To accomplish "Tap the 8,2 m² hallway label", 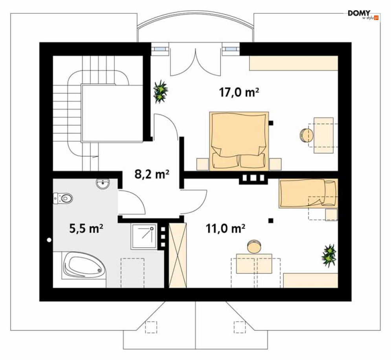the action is pyautogui.click(x=152, y=174).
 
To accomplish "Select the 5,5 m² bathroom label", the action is pyautogui.click(x=86, y=228).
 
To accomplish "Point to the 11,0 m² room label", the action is pyautogui.click(x=226, y=228).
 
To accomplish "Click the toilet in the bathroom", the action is pyautogui.click(x=62, y=198).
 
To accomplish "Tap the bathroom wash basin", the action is pyautogui.click(x=103, y=184).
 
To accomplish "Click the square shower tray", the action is pyautogui.click(x=144, y=236).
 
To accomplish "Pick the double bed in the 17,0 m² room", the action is pyautogui.click(x=239, y=141).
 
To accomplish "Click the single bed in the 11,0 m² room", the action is pyautogui.click(x=308, y=193).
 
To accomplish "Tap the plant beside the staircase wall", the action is pyautogui.click(x=160, y=92).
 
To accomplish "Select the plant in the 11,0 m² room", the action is pyautogui.click(x=329, y=255).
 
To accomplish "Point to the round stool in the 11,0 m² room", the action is pyautogui.click(x=254, y=247).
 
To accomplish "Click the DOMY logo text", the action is pyautogui.click(x=359, y=13).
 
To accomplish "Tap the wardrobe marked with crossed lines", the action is pyautogui.click(x=178, y=255).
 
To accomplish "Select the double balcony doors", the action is pyautogui.click(x=196, y=62).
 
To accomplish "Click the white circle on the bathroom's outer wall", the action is pyautogui.click(x=49, y=240).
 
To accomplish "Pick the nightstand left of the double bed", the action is pyautogui.click(x=203, y=164).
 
